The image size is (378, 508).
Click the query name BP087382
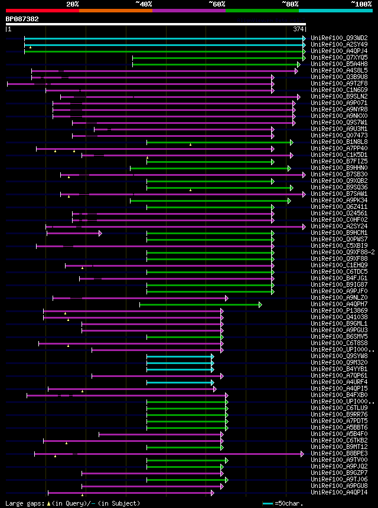click(22, 19)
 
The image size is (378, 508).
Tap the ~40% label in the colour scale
click(144, 4)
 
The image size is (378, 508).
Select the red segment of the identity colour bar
click(42, 11)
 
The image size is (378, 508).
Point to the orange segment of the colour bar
click(115, 11)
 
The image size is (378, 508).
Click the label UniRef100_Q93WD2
click(338, 38)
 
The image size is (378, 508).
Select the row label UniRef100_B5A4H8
click(338, 64)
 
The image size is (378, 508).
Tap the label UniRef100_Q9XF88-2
click(343, 253)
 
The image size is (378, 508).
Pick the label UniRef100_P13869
click(338, 311)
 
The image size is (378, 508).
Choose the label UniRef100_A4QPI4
click(338, 493)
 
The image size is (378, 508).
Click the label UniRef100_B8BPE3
click(338, 454)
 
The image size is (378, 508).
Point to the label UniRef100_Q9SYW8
click(338, 356)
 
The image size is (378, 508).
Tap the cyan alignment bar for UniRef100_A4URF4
click(180, 382)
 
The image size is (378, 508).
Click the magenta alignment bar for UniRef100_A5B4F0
click(159, 434)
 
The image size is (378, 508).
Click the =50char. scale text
click(286, 503)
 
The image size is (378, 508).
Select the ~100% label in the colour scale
click(361, 4)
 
